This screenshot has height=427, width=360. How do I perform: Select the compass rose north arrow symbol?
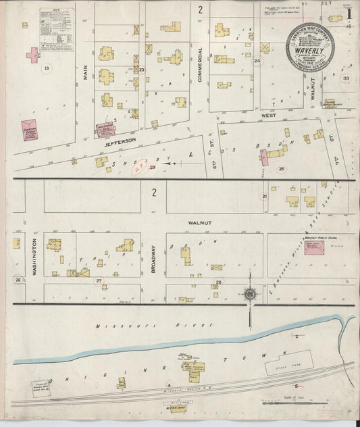251,295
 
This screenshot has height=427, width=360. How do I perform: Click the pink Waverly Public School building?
315,248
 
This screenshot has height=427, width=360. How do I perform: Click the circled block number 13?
47,69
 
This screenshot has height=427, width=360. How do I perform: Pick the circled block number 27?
99,280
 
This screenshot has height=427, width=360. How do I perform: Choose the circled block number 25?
282,168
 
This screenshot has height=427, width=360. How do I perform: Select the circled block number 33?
346,78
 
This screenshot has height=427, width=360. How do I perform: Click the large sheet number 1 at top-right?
349,14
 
